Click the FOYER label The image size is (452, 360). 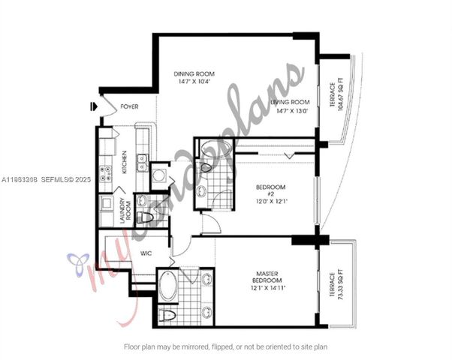click(129, 107)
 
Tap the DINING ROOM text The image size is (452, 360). click(194, 73)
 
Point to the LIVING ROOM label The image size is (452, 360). click(291, 102)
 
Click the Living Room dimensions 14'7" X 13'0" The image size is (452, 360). click(291, 110)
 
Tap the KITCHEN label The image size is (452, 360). click(125, 162)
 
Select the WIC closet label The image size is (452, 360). click(146, 253)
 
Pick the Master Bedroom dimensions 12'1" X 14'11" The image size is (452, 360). click(268, 287)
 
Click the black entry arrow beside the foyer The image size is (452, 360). click(92, 107)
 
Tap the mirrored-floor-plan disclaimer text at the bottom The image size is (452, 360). click(225, 346)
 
